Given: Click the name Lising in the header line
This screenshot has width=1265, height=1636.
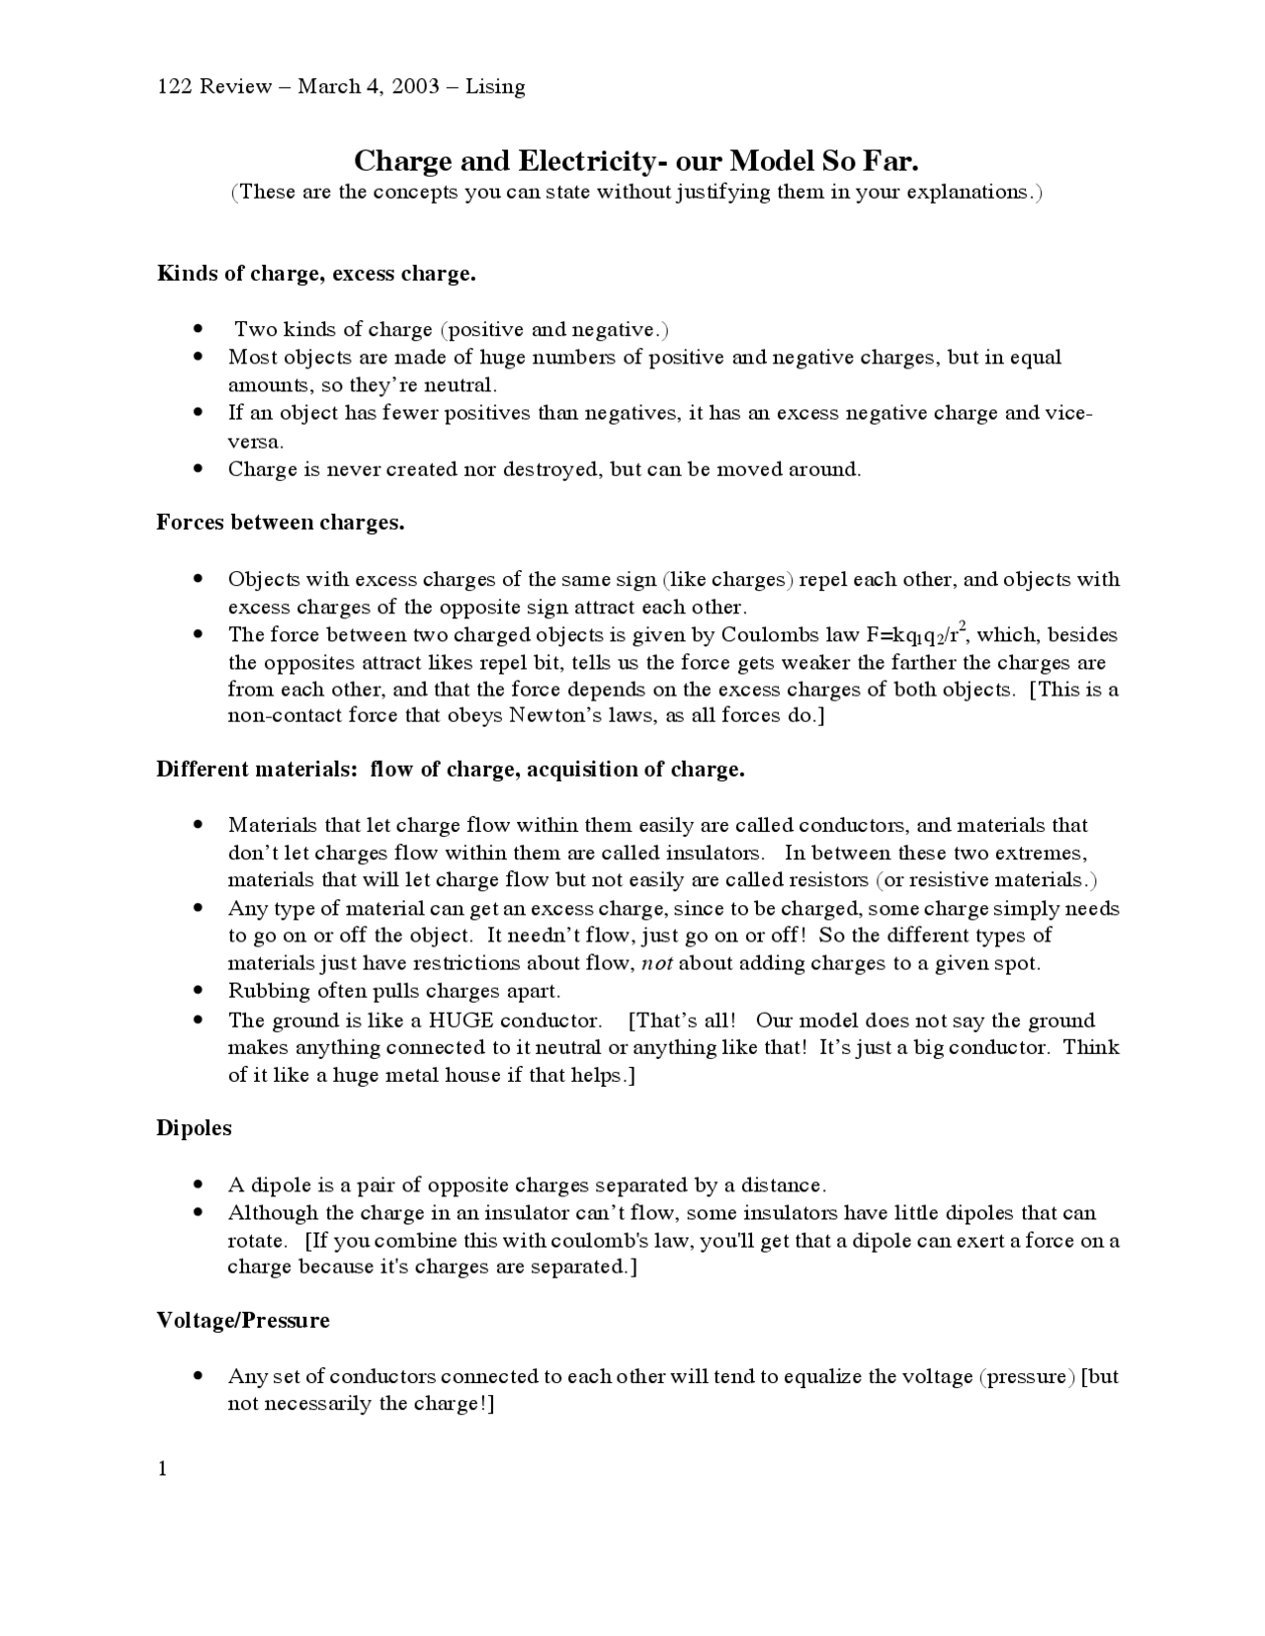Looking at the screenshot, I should [495, 87].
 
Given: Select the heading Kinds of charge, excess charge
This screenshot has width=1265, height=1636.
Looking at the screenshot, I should [316, 274].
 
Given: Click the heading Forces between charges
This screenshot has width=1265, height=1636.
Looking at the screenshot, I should [281, 523].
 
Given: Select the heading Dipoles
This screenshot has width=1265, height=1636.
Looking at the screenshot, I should [195, 1128].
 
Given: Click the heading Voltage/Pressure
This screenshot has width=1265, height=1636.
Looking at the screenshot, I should [243, 1321].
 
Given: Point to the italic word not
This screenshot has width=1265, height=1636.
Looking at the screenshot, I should [657, 963].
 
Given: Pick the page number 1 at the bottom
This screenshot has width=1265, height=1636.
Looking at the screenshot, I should [163, 1469].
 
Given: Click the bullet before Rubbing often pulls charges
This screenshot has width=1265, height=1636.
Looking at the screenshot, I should [200, 990].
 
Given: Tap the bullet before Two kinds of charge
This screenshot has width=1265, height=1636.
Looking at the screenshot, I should [200, 328].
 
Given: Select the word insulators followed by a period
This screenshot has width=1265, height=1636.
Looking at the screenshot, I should [714, 853].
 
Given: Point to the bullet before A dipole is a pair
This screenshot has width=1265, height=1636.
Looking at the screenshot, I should [200, 1184].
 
